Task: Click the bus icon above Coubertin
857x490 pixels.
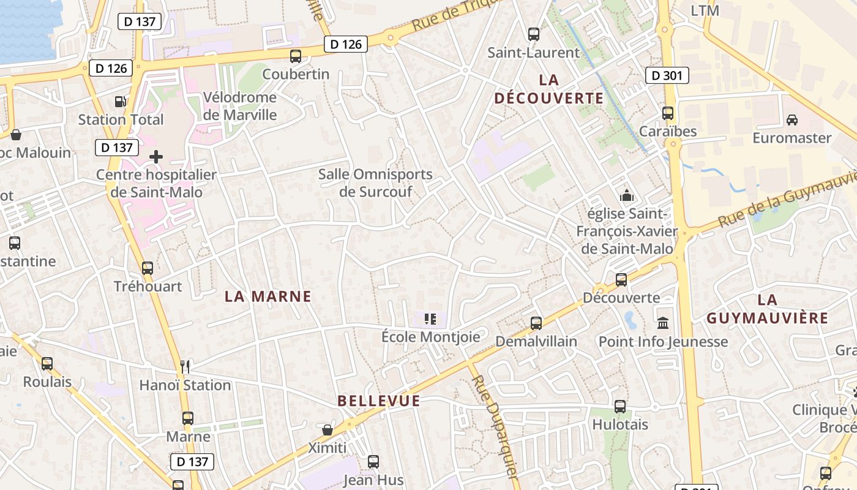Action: (296, 56)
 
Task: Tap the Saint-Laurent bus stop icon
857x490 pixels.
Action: (534, 34)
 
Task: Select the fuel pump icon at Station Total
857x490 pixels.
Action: (121, 102)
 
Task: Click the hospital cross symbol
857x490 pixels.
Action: (156, 157)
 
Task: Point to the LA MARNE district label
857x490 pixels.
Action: (268, 297)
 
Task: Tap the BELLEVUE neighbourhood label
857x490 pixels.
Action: (379, 401)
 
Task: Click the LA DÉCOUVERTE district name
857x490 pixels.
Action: (549, 89)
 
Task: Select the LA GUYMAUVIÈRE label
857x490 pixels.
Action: (767, 309)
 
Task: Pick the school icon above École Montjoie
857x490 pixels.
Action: (430, 318)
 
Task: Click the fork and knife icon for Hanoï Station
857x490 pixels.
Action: (185, 367)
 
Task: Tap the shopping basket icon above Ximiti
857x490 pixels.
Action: (327, 429)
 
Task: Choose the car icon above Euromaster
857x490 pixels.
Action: (792, 119)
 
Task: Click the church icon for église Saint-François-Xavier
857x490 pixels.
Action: (626, 196)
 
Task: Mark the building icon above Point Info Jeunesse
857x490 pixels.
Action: (663, 323)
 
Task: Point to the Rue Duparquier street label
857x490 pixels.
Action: (495, 426)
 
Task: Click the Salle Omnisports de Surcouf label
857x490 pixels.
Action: (375, 183)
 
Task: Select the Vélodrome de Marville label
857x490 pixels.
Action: (239, 106)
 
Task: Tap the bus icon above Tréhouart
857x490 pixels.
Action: (148, 268)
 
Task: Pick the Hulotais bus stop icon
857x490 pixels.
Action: (620, 406)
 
